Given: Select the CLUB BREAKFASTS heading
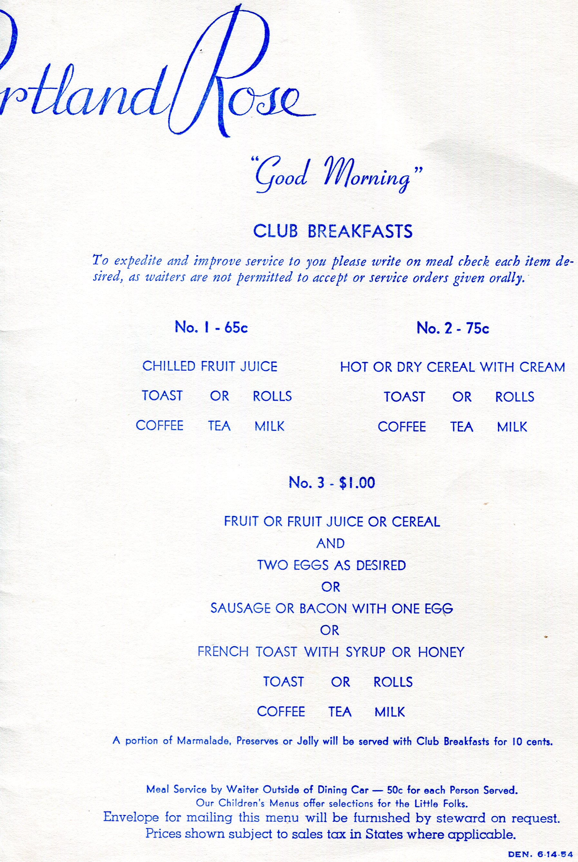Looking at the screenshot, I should (332, 231).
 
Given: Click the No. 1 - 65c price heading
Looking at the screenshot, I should (211, 327).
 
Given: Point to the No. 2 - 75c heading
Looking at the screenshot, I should (453, 328).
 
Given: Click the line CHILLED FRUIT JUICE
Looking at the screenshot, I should (210, 366).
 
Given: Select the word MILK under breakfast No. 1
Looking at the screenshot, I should (269, 426).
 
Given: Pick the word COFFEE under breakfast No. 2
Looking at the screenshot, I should (402, 427).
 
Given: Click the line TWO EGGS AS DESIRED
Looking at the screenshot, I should (331, 565).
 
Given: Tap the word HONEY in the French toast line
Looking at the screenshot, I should (441, 653).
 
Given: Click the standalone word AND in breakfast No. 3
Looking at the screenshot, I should (330, 543).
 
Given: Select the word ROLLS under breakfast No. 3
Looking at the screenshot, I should (393, 682).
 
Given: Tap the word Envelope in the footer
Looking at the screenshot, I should (131, 817).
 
